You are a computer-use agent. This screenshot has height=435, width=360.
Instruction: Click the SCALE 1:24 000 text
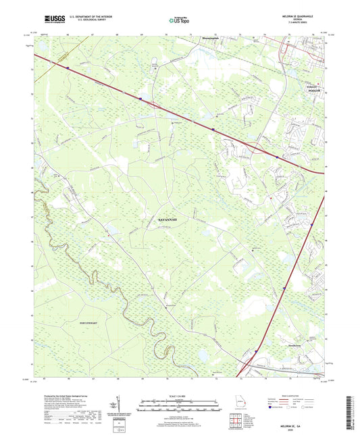[x=178, y=396]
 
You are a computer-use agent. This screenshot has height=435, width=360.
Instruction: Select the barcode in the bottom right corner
[x=353, y=409]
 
